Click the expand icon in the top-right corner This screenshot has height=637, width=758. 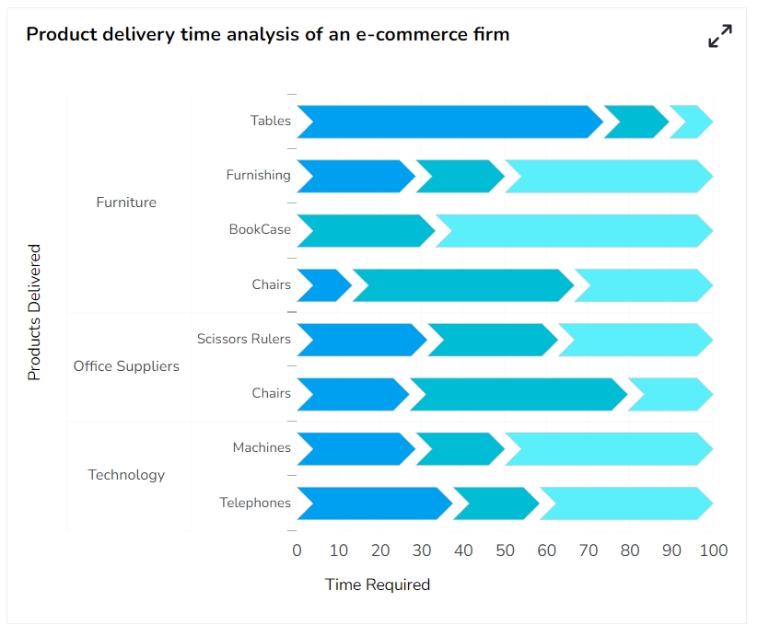tap(719, 36)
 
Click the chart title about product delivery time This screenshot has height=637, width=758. tap(267, 35)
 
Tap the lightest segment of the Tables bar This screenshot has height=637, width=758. tap(692, 122)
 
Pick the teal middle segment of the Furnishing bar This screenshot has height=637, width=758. tap(460, 176)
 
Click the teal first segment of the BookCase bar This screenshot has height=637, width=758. tap(365, 230)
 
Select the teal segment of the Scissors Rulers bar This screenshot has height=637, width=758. tap(493, 340)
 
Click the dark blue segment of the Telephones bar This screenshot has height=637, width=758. tap(373, 504)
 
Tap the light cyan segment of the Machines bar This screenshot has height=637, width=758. tap(609, 448)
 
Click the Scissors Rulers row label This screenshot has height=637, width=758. tap(243, 340)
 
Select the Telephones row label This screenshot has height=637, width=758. tap(254, 504)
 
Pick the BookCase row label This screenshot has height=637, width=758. tap(260, 230)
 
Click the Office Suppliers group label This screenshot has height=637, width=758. tap(126, 366)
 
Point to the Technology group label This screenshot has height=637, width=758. tap(126, 475)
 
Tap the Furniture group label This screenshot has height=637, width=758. tap(126, 203)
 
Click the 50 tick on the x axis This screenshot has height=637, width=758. tap(505, 551)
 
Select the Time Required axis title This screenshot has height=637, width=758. tap(378, 585)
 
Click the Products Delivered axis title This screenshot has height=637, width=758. tap(34, 312)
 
